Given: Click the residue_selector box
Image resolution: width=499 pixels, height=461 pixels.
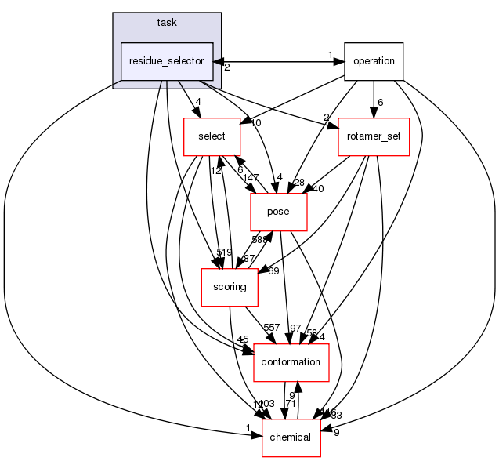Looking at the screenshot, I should pos(167,61).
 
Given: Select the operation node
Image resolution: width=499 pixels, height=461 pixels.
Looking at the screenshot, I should pos(373,61).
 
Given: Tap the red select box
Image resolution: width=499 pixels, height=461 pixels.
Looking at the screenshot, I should pos(211,136).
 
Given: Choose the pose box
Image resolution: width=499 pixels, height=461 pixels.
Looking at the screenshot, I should pos(278,212).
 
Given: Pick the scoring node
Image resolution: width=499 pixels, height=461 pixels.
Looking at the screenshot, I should pos(230,287).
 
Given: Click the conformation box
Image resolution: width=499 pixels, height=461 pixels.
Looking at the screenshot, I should pos(291,362).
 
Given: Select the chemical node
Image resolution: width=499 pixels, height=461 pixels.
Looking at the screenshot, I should pos(291,437).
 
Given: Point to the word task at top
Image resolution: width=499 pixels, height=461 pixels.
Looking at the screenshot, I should pos(166,23).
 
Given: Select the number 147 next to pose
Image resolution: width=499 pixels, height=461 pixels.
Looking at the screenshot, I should pos(251,180).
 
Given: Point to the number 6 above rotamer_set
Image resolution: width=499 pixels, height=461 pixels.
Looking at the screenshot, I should pos(380,103).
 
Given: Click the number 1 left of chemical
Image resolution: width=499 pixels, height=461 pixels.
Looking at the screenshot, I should pos(248,427).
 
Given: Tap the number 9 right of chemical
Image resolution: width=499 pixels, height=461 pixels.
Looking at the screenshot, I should pos(336,432).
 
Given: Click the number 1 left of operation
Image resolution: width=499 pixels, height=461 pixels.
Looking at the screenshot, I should pos(331,55).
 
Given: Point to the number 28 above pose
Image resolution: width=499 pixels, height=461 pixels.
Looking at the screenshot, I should pos(298,183).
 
